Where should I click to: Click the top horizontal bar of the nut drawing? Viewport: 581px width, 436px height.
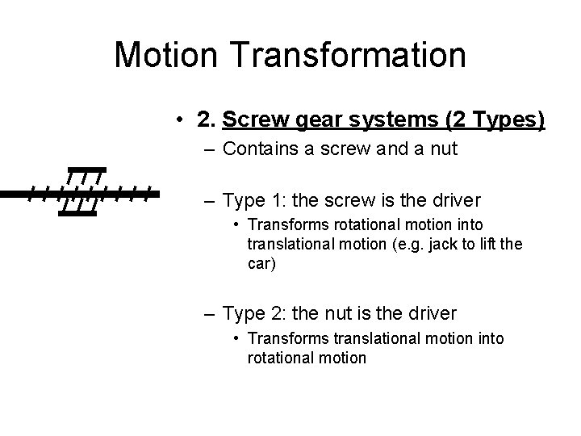[86, 170]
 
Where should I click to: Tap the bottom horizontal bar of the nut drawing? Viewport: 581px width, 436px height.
[78, 214]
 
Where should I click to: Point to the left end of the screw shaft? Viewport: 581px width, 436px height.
[5, 194]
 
